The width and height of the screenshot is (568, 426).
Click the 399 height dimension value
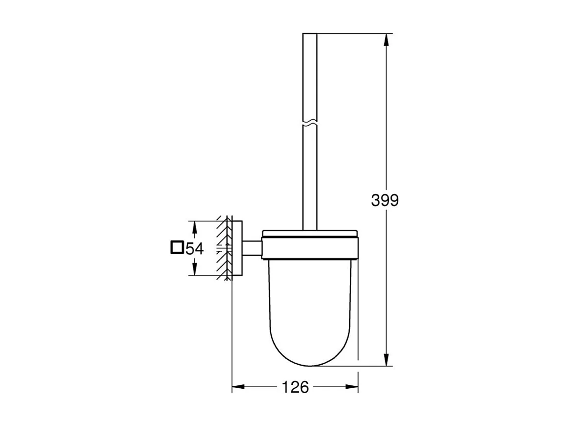click(385, 200)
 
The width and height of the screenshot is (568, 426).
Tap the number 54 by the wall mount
click(194, 248)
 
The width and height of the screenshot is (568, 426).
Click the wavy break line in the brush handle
click(310, 123)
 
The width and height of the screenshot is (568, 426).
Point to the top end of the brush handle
click(310, 34)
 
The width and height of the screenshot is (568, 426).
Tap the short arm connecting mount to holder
click(251, 248)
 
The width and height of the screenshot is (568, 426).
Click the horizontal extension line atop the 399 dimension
click(353, 33)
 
